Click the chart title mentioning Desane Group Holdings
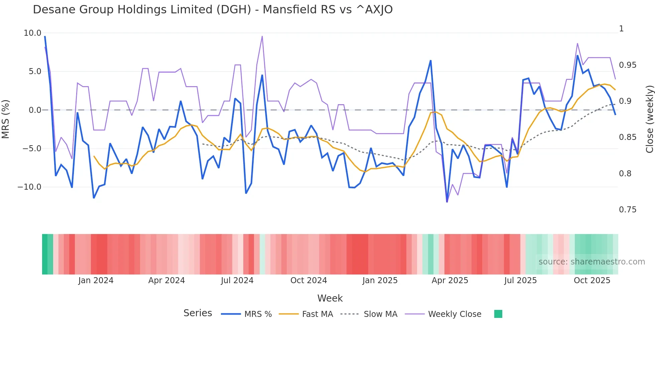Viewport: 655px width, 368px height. pos(213,10)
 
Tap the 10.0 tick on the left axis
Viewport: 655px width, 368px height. pos(32,33)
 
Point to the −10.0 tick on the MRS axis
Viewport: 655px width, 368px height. pos(29,187)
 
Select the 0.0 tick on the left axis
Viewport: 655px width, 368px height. pos(35,110)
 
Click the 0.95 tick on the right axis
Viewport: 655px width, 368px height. pos(628,65)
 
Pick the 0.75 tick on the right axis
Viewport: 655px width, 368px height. pos(628,210)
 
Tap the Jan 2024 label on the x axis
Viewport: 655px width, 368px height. pos(96,281)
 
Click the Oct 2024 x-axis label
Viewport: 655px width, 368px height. pos(308,281)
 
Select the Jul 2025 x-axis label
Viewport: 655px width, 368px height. pos(520,281)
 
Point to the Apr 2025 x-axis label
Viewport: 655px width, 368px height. pos(450,281)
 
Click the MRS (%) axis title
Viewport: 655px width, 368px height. pos(6,119)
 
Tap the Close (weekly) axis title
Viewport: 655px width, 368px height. pos(649,119)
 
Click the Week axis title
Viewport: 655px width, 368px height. pos(330,298)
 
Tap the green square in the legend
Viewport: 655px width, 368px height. pos(498,314)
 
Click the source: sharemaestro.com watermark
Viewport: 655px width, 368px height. pos(592,262)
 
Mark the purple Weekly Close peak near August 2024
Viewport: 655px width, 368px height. pos(262,36)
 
